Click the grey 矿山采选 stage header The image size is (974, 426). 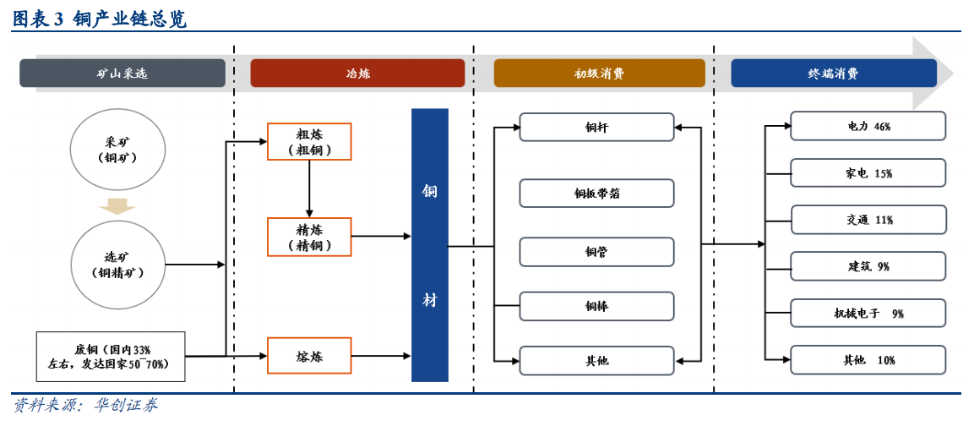point(122,74)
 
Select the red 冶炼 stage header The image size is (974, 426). point(357,74)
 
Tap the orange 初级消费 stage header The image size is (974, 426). point(599,74)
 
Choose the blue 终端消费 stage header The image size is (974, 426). point(833,74)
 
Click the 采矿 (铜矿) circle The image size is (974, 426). point(117,150)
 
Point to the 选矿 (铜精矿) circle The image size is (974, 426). point(117,265)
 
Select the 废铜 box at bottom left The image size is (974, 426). point(110,356)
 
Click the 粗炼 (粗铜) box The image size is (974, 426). point(309,142)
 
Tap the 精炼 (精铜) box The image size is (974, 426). point(309,237)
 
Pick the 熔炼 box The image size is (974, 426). point(309,356)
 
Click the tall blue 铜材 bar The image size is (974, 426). point(429,245)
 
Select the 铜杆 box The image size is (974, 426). point(596,128)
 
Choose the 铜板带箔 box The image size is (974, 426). point(596,193)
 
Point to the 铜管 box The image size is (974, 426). point(596,252)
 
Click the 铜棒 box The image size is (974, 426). point(596,306)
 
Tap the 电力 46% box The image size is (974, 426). point(868,126)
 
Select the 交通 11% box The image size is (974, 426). point(868,220)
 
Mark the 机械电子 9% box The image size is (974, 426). point(868,313)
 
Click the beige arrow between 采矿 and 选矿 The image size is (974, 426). point(117,206)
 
